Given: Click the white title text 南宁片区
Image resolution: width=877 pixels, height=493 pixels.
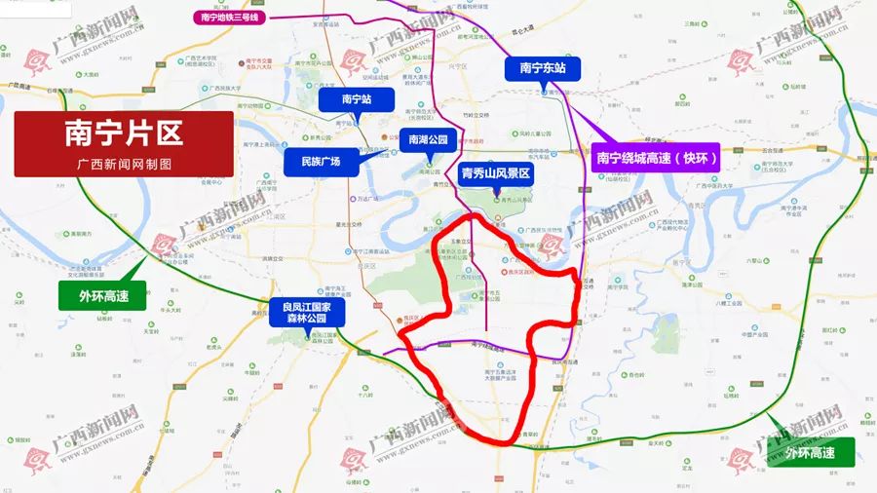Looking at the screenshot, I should (123, 132).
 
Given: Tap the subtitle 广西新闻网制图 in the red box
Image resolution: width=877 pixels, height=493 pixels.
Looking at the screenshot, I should (123, 163).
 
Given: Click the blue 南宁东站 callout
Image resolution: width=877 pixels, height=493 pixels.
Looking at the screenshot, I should (543, 68).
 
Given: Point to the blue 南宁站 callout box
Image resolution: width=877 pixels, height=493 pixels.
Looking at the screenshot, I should (356, 99).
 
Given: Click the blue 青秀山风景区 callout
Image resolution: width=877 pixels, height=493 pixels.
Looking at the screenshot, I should (495, 173).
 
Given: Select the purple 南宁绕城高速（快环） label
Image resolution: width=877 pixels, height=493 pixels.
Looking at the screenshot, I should (656, 157).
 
